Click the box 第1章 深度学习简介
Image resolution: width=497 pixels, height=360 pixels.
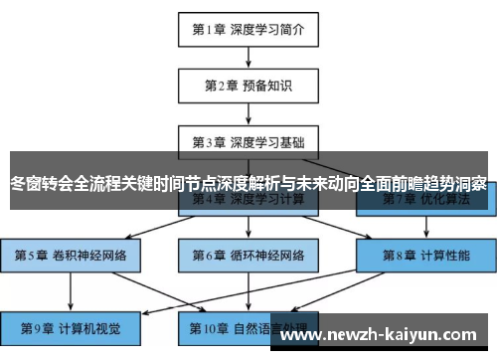[x=248, y=29]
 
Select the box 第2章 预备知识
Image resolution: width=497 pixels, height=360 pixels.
[x=248, y=86]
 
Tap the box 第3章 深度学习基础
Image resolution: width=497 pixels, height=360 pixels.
[x=248, y=142]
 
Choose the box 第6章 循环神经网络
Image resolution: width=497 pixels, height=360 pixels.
[x=248, y=255]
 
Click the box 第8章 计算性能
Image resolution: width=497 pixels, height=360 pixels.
[x=425, y=255]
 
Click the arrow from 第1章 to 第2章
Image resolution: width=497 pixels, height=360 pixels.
[x=248, y=57]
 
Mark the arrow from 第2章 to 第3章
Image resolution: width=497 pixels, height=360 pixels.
[x=248, y=113]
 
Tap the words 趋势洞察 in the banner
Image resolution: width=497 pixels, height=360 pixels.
[x=456, y=184]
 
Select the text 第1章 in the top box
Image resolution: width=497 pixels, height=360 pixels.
[x=210, y=29]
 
